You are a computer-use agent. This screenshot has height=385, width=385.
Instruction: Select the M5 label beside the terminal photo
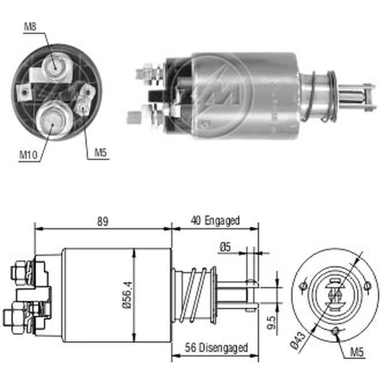[101, 153]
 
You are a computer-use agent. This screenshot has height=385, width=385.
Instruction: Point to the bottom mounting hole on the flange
[336, 330]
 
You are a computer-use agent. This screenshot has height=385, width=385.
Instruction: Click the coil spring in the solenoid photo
[320, 96]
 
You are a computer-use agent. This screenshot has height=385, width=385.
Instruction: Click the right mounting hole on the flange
[368, 286]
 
